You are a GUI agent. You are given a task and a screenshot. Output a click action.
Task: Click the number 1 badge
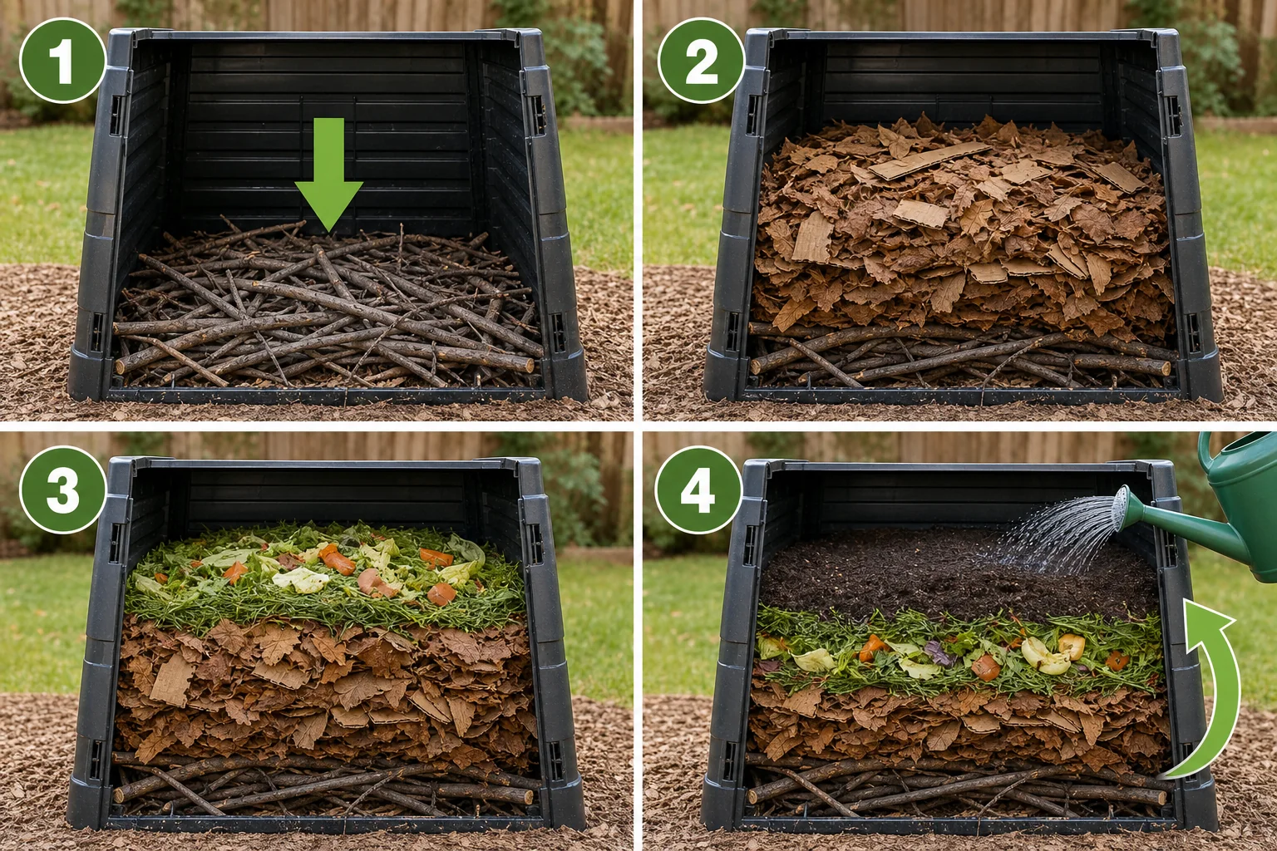click(62, 61)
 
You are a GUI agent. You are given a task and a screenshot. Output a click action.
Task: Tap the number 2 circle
click(701, 61)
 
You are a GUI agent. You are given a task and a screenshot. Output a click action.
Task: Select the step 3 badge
click(62, 489)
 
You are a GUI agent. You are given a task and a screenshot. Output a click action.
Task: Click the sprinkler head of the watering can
click(1121, 509)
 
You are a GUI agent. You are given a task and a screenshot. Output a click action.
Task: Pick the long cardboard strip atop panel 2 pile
click(929, 160)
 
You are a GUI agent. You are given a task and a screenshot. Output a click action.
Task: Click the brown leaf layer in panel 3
click(325, 690)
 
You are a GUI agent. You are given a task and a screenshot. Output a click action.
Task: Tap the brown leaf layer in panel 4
click(960, 724)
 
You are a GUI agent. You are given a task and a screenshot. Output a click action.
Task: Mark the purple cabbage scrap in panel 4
click(940, 653)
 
